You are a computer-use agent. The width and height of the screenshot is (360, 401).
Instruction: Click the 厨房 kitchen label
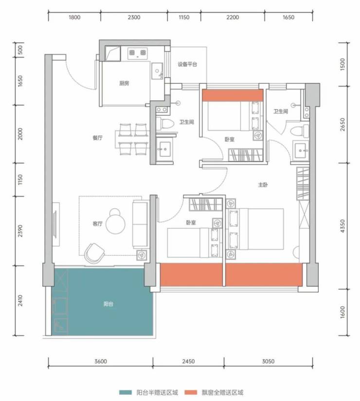124,83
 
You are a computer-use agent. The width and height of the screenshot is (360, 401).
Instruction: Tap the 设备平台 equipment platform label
187,64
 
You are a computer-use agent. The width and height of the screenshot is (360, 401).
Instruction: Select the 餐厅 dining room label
97,138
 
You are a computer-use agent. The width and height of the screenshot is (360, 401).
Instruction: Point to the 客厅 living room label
97,224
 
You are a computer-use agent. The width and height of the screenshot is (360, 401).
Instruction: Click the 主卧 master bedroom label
263,184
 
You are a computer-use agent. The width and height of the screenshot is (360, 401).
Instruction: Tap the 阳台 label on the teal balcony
108,304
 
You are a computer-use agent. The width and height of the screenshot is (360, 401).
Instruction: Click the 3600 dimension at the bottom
101,362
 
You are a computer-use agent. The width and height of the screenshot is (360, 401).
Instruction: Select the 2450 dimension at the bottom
188,362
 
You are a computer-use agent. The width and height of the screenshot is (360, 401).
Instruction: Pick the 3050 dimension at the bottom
268,362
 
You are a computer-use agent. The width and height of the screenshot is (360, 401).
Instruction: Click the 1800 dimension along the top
74,17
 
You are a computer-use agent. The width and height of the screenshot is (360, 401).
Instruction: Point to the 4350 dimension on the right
342,226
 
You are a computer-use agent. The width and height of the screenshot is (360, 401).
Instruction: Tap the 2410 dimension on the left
20,300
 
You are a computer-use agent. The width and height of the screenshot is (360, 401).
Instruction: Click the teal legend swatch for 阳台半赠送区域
126,392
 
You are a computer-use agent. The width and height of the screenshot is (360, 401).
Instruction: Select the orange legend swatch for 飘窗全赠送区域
191,392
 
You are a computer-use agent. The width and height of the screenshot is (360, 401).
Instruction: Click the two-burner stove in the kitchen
137,53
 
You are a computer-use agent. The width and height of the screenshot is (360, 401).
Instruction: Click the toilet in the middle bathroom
164,123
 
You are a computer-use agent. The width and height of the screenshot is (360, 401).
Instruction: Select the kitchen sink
157,71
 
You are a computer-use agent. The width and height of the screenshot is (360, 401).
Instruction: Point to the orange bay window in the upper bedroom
233,95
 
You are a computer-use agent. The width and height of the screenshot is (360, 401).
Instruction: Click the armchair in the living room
94,253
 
